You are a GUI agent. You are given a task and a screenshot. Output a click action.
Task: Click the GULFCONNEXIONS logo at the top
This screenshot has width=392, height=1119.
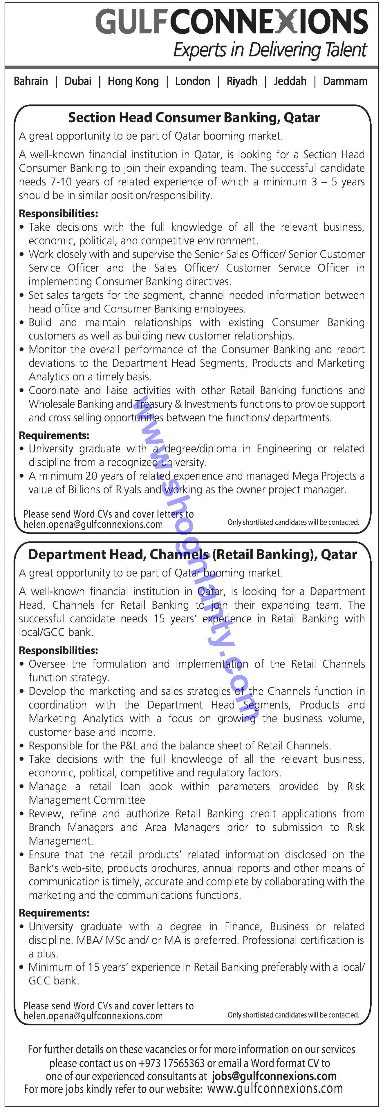pyautogui.click(x=232, y=22)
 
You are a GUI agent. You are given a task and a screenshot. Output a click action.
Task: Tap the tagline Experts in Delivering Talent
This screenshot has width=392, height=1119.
pyautogui.click(x=270, y=50)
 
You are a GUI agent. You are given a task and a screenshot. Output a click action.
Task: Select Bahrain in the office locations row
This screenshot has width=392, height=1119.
pyautogui.click(x=31, y=81)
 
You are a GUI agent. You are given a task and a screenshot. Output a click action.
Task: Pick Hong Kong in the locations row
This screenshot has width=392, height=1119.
pyautogui.click(x=133, y=81)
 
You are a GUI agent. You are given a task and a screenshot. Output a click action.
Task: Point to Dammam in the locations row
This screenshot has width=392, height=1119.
pyautogui.click(x=345, y=81)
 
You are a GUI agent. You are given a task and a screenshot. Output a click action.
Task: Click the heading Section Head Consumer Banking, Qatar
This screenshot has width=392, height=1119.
pyautogui.click(x=194, y=118)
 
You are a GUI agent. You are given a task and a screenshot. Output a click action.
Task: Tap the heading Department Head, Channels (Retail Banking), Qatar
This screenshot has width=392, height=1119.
pyautogui.click(x=192, y=555)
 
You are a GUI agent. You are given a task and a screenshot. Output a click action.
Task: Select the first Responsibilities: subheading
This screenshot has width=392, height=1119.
pyautogui.click(x=58, y=213)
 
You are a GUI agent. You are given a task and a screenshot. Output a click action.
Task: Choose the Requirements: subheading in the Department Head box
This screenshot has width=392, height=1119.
pyautogui.click(x=54, y=913)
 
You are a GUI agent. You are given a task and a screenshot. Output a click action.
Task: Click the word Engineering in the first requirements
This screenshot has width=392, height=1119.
pyautogui.click(x=284, y=449)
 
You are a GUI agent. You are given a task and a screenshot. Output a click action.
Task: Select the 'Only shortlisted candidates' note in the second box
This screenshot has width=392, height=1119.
pyautogui.click(x=293, y=1015)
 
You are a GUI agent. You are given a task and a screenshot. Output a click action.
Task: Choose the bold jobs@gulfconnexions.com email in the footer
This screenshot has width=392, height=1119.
pyautogui.click(x=274, y=1076)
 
